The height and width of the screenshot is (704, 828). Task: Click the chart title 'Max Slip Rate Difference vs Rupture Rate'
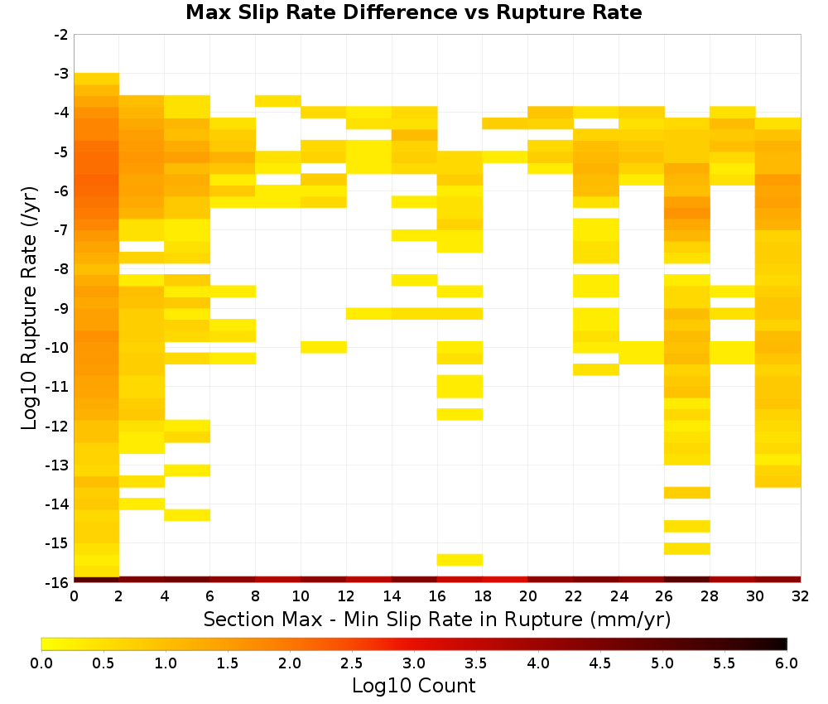(413, 12)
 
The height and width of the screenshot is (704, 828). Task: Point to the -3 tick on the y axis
(61, 74)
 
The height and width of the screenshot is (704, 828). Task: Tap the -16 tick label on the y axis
(58, 582)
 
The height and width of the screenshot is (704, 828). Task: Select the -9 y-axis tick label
(61, 308)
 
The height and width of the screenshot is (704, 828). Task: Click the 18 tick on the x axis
(483, 596)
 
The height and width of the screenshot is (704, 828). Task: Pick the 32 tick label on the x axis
(801, 596)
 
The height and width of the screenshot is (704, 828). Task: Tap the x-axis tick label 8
(256, 596)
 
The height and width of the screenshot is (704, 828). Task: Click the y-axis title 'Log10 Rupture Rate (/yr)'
(30, 308)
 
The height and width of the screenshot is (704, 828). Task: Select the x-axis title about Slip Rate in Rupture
(437, 619)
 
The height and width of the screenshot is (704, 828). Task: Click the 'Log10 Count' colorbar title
(413, 686)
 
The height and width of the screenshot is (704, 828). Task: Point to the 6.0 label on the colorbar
(787, 663)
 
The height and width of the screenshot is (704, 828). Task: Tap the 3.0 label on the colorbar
(414, 663)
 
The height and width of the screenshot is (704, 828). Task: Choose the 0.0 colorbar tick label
(41, 663)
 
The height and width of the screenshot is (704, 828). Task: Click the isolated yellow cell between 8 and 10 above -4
(278, 101)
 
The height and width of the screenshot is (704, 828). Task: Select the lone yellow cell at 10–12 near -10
(324, 347)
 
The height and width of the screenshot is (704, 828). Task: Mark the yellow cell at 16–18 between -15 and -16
(460, 560)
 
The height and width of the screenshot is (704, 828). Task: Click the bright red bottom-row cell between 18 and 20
(505, 580)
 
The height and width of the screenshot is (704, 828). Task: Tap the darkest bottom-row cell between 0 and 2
(97, 580)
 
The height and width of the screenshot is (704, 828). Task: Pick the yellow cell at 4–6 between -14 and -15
(187, 515)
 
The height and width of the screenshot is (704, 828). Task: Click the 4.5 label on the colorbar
(599, 663)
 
